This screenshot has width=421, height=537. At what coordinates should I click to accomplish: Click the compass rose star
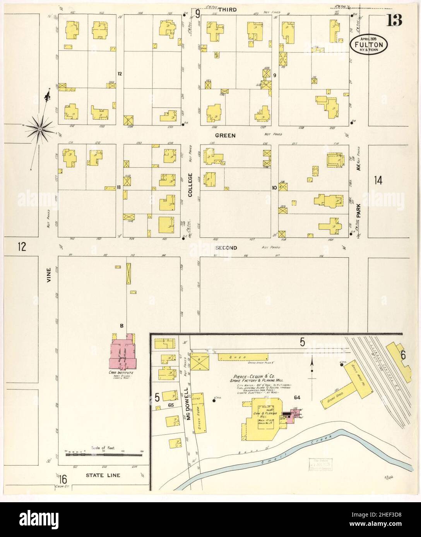[40, 128]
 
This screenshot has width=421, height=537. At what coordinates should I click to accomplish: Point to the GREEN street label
[225, 136]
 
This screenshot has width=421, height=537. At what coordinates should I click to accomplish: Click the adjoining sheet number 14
[378, 180]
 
